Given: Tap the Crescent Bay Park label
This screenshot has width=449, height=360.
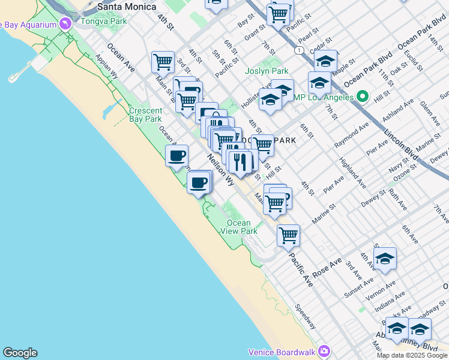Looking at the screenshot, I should (x=145, y=115).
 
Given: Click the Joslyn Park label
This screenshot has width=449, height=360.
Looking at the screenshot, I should (x=267, y=71).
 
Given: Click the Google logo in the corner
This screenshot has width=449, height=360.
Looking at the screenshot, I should (x=20, y=353).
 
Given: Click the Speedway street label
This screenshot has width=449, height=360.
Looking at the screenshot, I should (x=306, y=316).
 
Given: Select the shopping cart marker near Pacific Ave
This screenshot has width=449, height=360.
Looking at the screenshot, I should (x=288, y=235).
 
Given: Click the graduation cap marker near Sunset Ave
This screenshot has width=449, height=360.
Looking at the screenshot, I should (x=385, y=259).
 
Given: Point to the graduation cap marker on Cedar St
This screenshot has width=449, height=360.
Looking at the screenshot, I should (x=325, y=61).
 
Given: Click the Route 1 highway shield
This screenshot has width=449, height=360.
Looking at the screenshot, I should (x=298, y=50).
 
